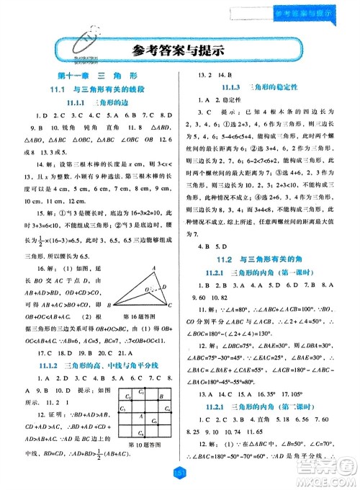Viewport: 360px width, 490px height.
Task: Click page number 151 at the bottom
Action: pos(180,472)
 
